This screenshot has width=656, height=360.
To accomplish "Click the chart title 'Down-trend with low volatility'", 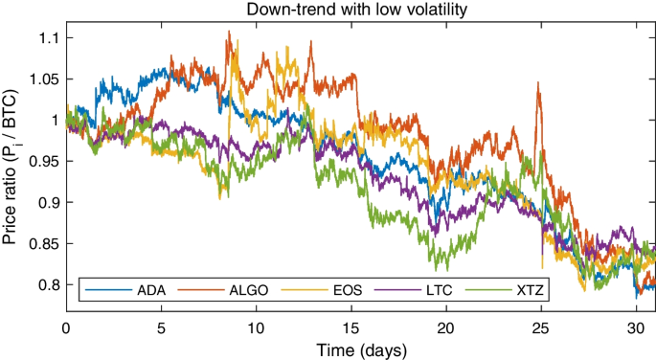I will point(360,11).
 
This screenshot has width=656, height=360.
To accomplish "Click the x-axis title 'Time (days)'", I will point(360,347).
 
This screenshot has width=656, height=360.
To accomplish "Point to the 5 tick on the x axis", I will point(161,326).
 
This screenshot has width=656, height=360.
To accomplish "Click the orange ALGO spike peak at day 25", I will point(539,83).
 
